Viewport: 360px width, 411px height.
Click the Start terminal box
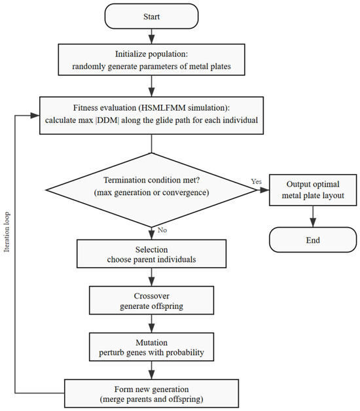(x=151, y=16)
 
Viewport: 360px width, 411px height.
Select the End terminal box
(x=313, y=240)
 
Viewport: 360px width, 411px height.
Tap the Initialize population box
(x=151, y=60)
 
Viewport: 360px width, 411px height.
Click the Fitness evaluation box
(x=151, y=115)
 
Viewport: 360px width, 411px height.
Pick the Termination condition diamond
(x=151, y=190)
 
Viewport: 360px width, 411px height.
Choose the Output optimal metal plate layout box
(x=313, y=190)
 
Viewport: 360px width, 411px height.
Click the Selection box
(x=151, y=254)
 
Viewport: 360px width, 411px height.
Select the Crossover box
(x=151, y=300)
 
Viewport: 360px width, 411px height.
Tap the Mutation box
(x=151, y=347)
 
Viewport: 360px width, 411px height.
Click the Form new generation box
(x=151, y=393)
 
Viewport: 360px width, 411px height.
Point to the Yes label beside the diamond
(x=256, y=181)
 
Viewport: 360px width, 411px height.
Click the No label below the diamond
(x=162, y=230)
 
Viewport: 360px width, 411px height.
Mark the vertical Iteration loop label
(x=7, y=232)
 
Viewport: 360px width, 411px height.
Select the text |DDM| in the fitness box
(x=107, y=120)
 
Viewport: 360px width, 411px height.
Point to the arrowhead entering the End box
(x=313, y=223)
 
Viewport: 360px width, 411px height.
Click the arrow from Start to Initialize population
(x=151, y=36)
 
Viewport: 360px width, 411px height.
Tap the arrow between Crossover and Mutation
(x=151, y=323)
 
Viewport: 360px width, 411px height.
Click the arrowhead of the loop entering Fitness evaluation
(x=35, y=115)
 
